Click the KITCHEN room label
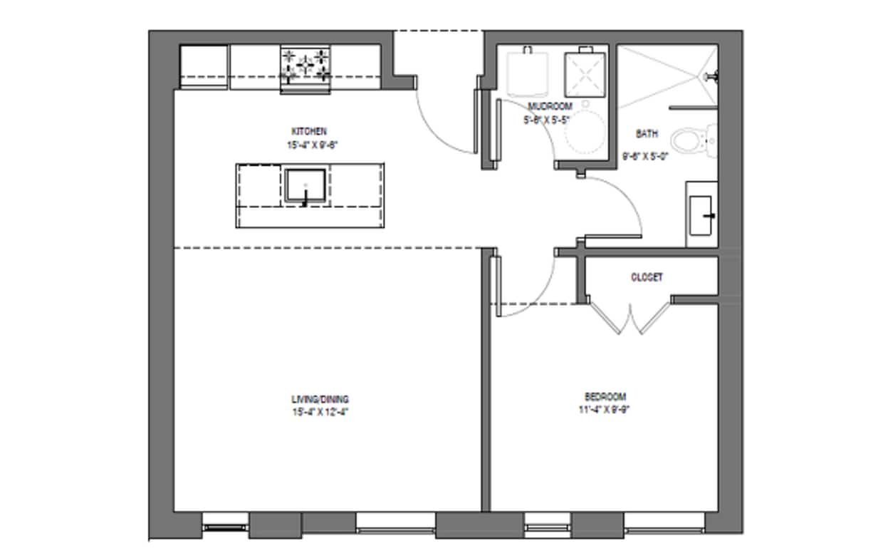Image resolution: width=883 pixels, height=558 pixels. [x=308, y=131]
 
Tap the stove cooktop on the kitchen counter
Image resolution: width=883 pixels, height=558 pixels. [x=306, y=65]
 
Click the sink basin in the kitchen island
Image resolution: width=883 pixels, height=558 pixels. [x=307, y=187]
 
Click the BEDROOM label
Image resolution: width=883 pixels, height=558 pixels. [x=605, y=397]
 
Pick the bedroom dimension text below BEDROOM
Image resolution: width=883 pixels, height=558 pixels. [x=605, y=409]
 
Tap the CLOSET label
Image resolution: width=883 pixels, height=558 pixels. [x=646, y=277]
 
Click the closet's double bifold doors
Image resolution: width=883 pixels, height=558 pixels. [x=629, y=318]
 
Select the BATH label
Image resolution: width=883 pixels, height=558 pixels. [x=647, y=133]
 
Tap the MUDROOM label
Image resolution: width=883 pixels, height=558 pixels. [x=549, y=106]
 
